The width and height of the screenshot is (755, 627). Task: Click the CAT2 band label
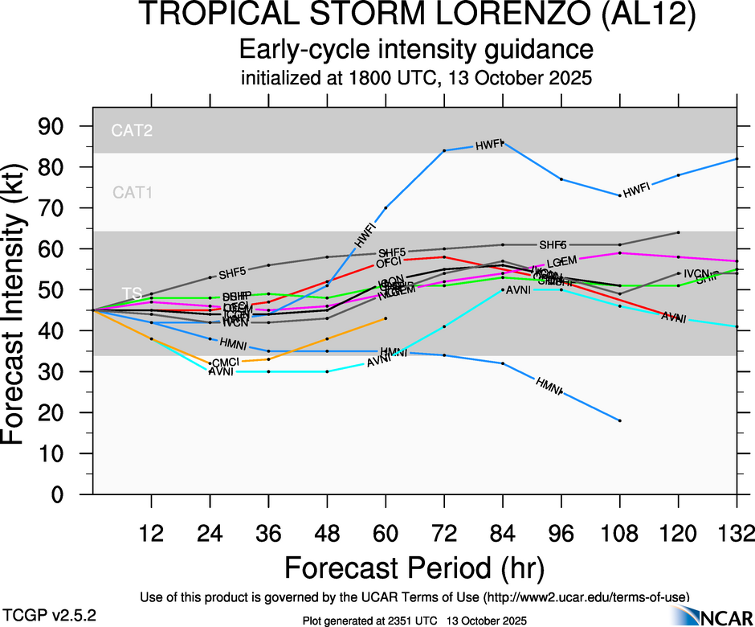click(x=133, y=130)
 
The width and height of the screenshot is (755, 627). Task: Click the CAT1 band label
click(x=133, y=192)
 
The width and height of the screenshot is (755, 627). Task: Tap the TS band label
click(x=131, y=293)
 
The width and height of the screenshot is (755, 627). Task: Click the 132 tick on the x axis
click(x=737, y=533)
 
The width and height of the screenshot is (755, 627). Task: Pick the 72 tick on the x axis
click(x=444, y=533)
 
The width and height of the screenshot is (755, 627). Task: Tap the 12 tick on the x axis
click(x=151, y=533)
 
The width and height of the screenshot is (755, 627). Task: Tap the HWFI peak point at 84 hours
click(x=503, y=142)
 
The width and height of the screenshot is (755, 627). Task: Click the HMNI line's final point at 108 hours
click(x=620, y=420)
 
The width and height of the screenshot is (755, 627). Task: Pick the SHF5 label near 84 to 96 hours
click(x=553, y=244)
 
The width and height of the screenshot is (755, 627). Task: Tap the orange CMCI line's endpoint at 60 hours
click(x=386, y=318)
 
